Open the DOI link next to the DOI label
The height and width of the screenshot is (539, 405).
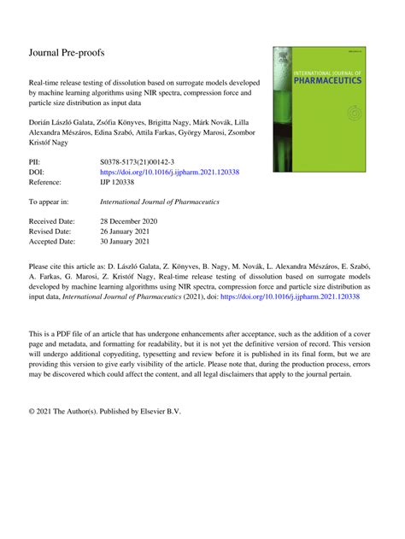click(x=170, y=171)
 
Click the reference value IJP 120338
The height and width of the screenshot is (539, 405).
click(x=120, y=181)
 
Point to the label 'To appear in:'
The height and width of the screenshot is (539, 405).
click(x=53, y=202)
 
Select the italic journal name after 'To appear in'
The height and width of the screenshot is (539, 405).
click(x=160, y=202)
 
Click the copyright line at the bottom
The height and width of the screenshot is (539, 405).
click(x=104, y=410)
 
